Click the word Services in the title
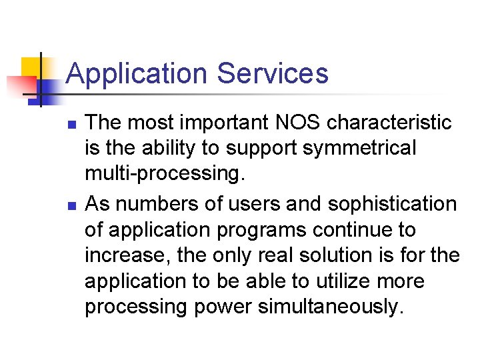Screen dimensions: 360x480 [273, 73]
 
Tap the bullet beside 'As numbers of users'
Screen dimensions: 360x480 [71, 204]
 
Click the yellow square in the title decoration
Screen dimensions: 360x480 [31, 67]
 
